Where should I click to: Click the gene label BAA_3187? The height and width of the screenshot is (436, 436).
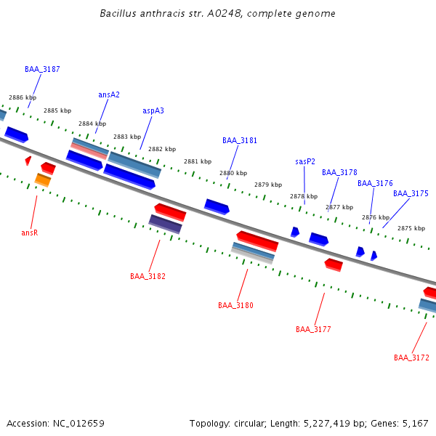pyautogui.click(x=42, y=70)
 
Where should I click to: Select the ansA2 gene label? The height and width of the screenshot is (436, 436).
pyautogui.click(x=109, y=95)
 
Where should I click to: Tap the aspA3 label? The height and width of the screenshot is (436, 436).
pyautogui.click(x=153, y=111)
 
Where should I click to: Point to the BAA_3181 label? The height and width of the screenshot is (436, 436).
pyautogui.click(x=240, y=141)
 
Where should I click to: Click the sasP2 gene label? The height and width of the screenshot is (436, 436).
pyautogui.click(x=305, y=162)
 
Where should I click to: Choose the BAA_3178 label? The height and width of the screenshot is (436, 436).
pyautogui.click(x=339, y=173)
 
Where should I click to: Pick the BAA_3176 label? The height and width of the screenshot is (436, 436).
pyautogui.click(x=375, y=184)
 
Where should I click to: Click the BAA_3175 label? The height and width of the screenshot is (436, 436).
pyautogui.click(x=411, y=194)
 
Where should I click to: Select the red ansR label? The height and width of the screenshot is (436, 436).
pyautogui.click(x=29, y=233)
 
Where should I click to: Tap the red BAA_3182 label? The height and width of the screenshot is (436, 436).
pyautogui.click(x=148, y=277)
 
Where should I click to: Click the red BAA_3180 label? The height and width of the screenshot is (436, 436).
pyautogui.click(x=235, y=306)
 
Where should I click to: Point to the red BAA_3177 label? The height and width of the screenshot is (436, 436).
pyautogui.click(x=313, y=330)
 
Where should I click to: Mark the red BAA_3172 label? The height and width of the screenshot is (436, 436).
pyautogui.click(x=411, y=358)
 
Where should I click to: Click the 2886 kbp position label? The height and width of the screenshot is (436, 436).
pyautogui.click(x=23, y=97)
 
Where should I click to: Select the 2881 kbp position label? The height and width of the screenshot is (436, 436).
pyautogui.click(x=198, y=162)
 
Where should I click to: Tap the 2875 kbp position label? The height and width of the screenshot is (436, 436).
pyautogui.click(x=411, y=229)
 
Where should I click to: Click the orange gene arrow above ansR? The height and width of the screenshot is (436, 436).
pyautogui.click(x=43, y=179)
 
